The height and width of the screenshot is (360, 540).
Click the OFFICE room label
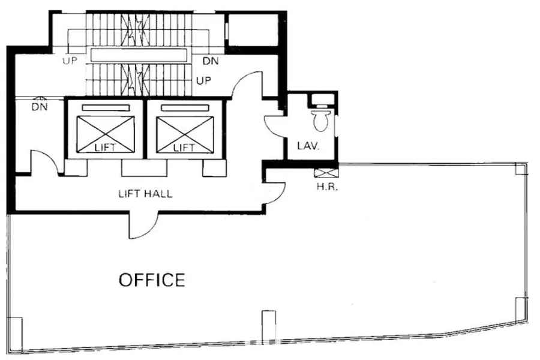click(151, 280)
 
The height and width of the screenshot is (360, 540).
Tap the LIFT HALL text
click(145, 194)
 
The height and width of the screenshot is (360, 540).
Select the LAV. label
click(308, 145)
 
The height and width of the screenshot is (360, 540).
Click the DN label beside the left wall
click(39, 107)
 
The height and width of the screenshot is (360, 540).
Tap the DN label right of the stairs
click(210, 61)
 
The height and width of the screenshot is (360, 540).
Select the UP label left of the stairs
click(71, 61)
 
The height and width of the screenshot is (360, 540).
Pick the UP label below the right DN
click(204, 80)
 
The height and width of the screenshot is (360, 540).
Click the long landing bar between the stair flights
click(139, 55)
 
